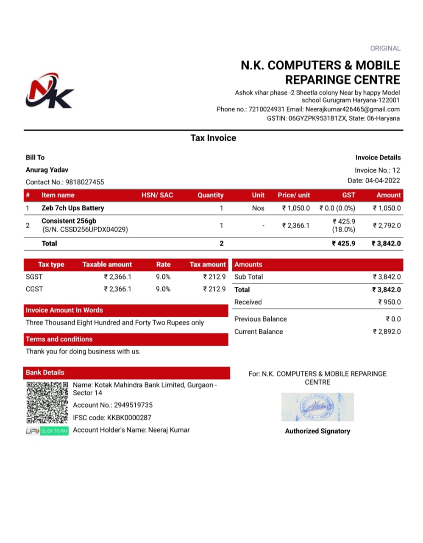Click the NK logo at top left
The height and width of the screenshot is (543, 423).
(x=50, y=91)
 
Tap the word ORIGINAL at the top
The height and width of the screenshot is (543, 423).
(x=385, y=48)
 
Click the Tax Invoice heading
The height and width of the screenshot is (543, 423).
(x=213, y=138)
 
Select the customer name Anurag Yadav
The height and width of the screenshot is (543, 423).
(x=47, y=170)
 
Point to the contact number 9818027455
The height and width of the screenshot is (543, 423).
(x=84, y=182)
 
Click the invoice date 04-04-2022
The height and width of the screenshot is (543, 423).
(x=382, y=180)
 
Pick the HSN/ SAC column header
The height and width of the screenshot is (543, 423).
(x=157, y=195)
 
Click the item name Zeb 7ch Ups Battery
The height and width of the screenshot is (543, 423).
(x=72, y=208)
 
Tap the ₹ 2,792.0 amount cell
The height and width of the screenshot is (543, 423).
(x=387, y=225)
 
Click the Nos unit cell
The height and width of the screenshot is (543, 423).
(x=258, y=208)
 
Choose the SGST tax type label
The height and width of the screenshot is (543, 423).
(x=34, y=277)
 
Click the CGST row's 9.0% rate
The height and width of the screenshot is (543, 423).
(x=163, y=289)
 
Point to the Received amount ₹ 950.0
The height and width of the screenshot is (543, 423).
(x=390, y=302)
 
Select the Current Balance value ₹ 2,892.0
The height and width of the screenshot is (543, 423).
(x=387, y=332)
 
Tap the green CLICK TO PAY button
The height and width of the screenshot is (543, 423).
(x=54, y=431)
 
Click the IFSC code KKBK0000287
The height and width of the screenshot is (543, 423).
(x=129, y=417)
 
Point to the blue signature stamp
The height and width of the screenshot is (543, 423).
(x=317, y=407)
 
